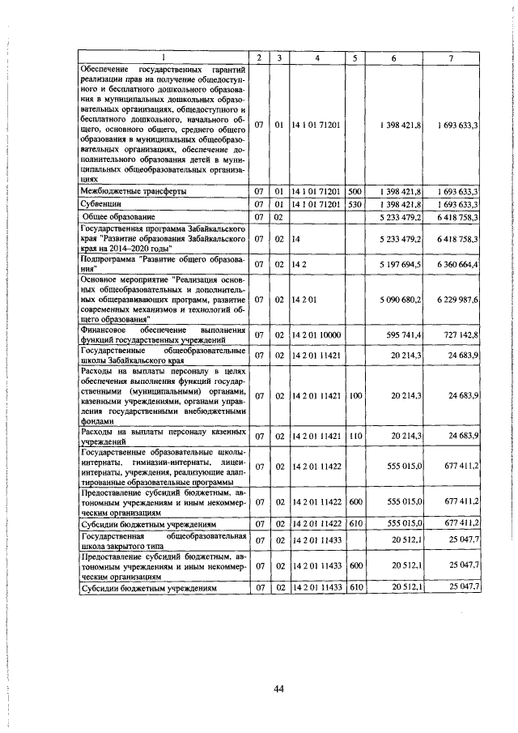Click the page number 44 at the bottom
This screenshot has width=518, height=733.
[278, 688]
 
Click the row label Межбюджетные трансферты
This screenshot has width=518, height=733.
[133, 191]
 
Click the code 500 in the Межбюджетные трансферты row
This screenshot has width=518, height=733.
[354, 191]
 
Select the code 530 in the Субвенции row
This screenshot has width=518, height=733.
[354, 204]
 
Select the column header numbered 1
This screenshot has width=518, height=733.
[163, 58]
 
